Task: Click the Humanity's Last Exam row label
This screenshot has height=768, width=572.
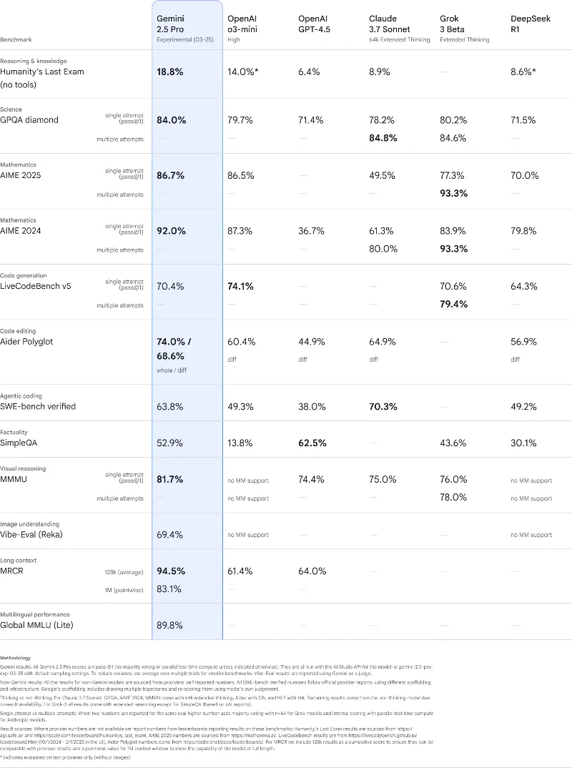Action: pos(42,72)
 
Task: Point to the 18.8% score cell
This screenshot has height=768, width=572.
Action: pos(170,72)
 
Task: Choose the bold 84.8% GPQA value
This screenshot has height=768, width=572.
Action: pos(383,138)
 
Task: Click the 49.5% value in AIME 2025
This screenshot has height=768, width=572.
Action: pos(383,175)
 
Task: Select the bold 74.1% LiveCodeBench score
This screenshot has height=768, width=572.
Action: pos(241,286)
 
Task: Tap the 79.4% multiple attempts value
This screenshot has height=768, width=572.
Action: pos(453,305)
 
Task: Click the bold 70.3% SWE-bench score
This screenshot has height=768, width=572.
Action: pos(383,406)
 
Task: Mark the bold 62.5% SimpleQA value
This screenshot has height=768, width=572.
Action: pos(312,443)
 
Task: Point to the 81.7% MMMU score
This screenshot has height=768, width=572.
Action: pos(170,479)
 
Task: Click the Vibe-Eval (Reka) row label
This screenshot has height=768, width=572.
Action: pos(39,535)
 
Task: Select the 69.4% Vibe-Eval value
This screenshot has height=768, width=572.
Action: pos(170,535)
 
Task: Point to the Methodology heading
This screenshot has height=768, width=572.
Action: pos(16,657)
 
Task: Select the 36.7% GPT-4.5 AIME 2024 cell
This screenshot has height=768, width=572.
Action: pos(312,231)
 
